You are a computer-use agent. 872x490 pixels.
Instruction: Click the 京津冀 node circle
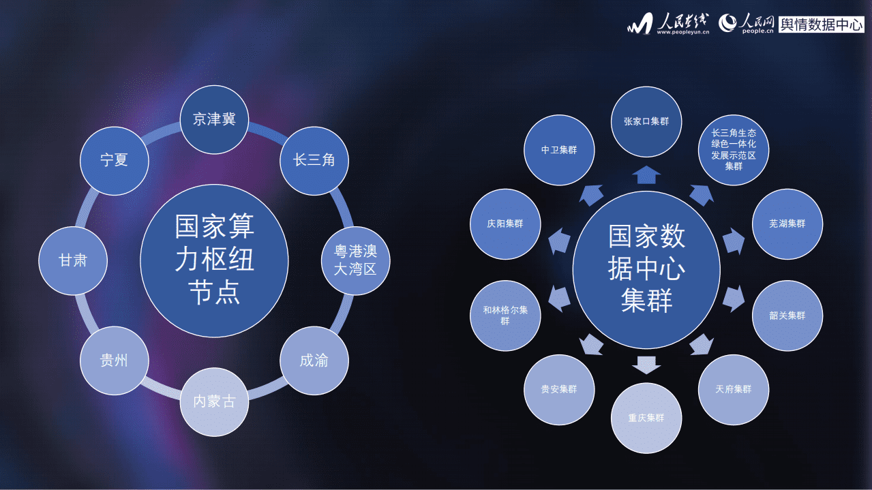click(214, 119)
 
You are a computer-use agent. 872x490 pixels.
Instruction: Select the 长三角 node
click(314, 161)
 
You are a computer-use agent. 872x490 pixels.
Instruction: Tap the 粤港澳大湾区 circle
click(355, 260)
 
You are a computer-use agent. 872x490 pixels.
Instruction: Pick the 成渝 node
click(314, 361)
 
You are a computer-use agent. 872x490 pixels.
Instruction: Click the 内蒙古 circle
click(214, 401)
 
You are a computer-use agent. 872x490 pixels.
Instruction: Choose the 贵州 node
click(114, 361)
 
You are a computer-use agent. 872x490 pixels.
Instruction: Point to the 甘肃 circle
click(73, 260)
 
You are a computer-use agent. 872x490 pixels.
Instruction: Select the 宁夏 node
click(114, 161)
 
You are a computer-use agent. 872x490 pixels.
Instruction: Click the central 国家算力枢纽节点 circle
click(214, 260)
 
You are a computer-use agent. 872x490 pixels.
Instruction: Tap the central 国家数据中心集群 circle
click(646, 269)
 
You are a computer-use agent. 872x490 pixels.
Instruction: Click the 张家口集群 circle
click(646, 122)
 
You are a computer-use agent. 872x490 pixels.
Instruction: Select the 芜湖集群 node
click(787, 224)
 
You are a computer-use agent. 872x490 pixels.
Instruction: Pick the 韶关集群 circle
click(787, 316)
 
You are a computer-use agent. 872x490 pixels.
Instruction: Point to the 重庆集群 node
click(646, 418)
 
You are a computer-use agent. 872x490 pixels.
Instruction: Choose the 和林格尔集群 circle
click(505, 315)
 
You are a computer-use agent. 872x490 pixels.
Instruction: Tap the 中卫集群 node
click(559, 150)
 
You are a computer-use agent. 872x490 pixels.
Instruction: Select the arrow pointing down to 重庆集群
click(646, 365)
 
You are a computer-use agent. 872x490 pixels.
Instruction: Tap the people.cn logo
click(747, 25)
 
